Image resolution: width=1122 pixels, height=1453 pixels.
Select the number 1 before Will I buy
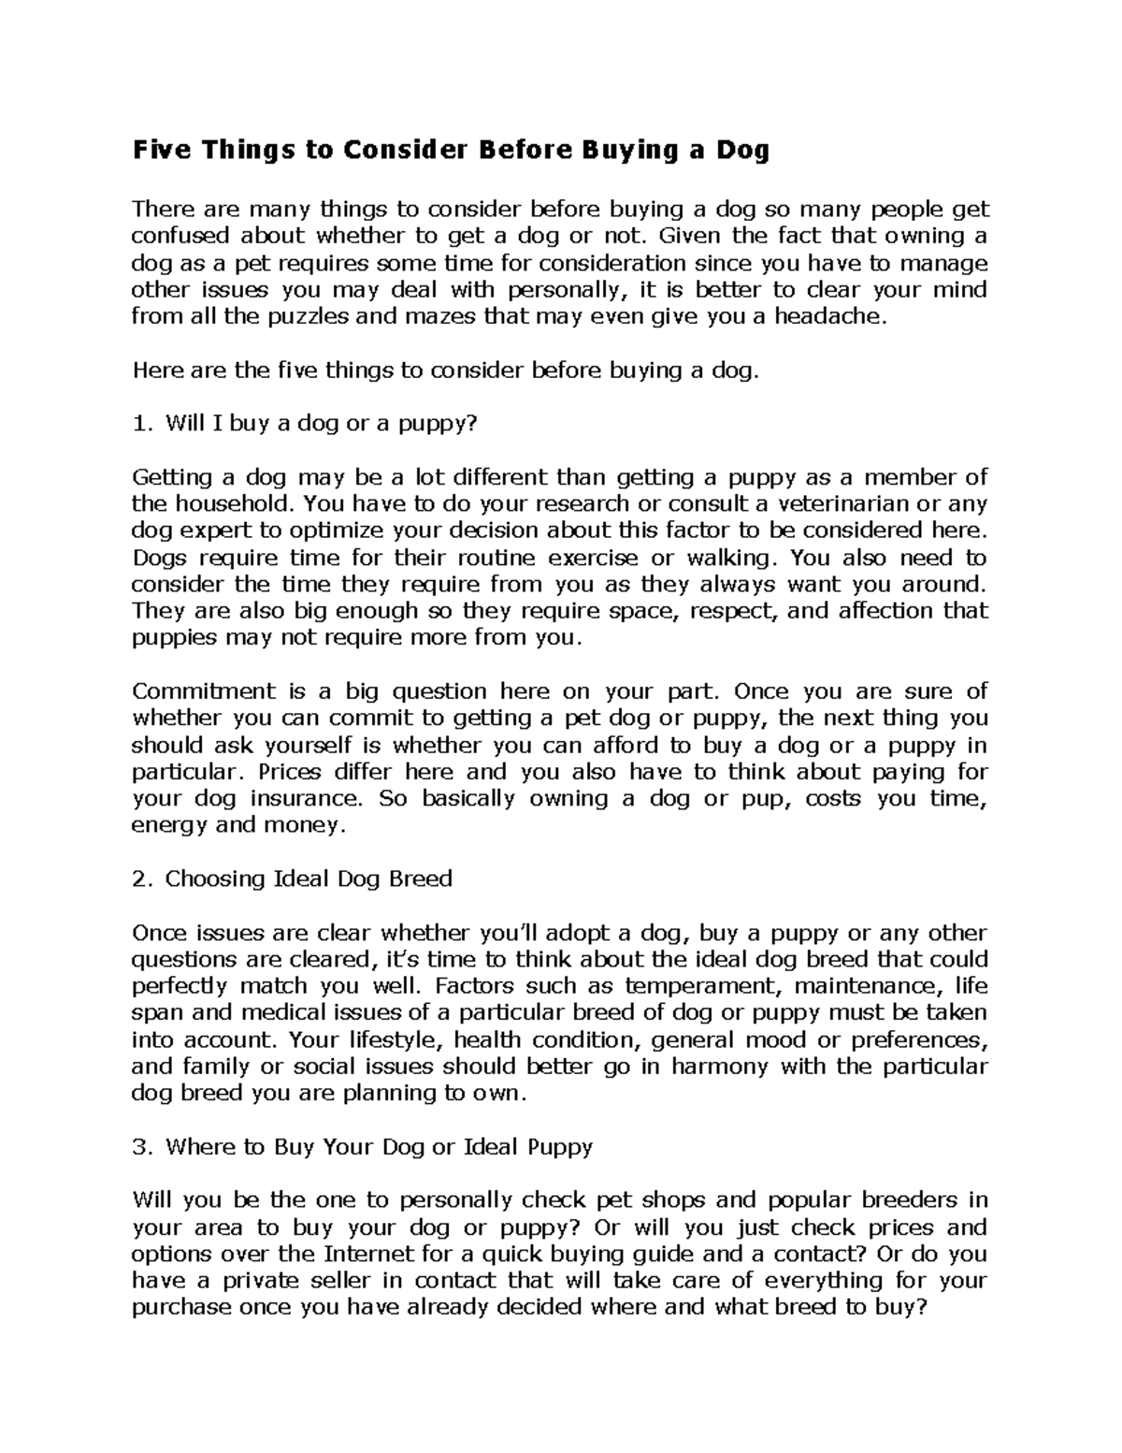[x=138, y=424]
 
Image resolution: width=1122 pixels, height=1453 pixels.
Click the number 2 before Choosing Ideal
[x=138, y=879]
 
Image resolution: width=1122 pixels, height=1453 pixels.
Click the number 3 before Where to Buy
[x=138, y=1147]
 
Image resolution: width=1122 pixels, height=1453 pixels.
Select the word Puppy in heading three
[x=560, y=1147]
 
